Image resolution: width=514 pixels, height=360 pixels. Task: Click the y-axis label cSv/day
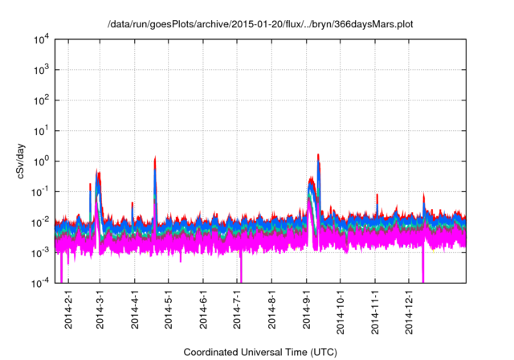24,161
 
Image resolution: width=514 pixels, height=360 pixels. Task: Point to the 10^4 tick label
43,39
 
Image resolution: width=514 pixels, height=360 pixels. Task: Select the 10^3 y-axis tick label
43,70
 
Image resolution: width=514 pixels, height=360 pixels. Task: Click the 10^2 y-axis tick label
43,100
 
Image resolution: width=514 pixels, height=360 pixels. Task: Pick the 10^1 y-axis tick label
43,130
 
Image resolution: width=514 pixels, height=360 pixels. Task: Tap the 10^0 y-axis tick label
43,161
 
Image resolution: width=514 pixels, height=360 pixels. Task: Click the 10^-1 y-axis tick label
43,191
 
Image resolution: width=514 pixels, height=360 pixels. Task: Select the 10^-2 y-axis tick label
43,222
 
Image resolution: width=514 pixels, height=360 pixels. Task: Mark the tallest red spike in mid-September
319,155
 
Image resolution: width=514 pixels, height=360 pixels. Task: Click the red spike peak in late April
155,158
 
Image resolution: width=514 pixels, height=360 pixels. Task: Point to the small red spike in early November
377,195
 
